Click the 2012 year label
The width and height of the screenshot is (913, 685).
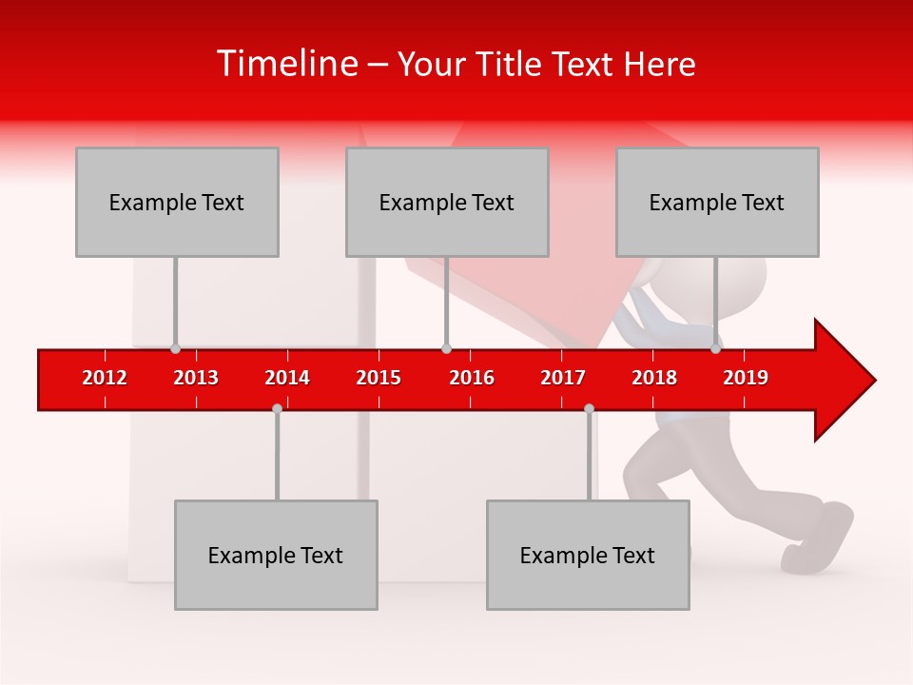pos(105,378)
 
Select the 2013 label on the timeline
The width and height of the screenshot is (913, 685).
pos(196,378)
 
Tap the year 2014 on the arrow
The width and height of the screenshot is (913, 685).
pos(287,378)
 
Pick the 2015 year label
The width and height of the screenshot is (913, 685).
pos(379,378)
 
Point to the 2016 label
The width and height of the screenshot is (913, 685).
pos(472,378)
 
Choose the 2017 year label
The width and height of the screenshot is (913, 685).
pos(563,378)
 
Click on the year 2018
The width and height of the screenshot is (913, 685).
pos(654,378)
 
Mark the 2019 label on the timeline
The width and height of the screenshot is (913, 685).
pos(746,378)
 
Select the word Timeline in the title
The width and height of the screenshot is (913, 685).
pos(285,64)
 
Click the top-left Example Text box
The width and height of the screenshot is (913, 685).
pos(177,202)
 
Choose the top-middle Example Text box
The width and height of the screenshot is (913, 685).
pos(447,202)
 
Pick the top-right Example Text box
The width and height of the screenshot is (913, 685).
pos(717,202)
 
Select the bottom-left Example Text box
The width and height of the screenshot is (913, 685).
pos(276,555)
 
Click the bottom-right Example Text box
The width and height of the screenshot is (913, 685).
pos(588,555)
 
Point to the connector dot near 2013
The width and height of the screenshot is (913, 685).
pos(175,349)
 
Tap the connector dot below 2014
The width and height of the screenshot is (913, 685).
pos(277,408)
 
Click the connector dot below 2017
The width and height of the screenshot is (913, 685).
pos(589,408)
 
